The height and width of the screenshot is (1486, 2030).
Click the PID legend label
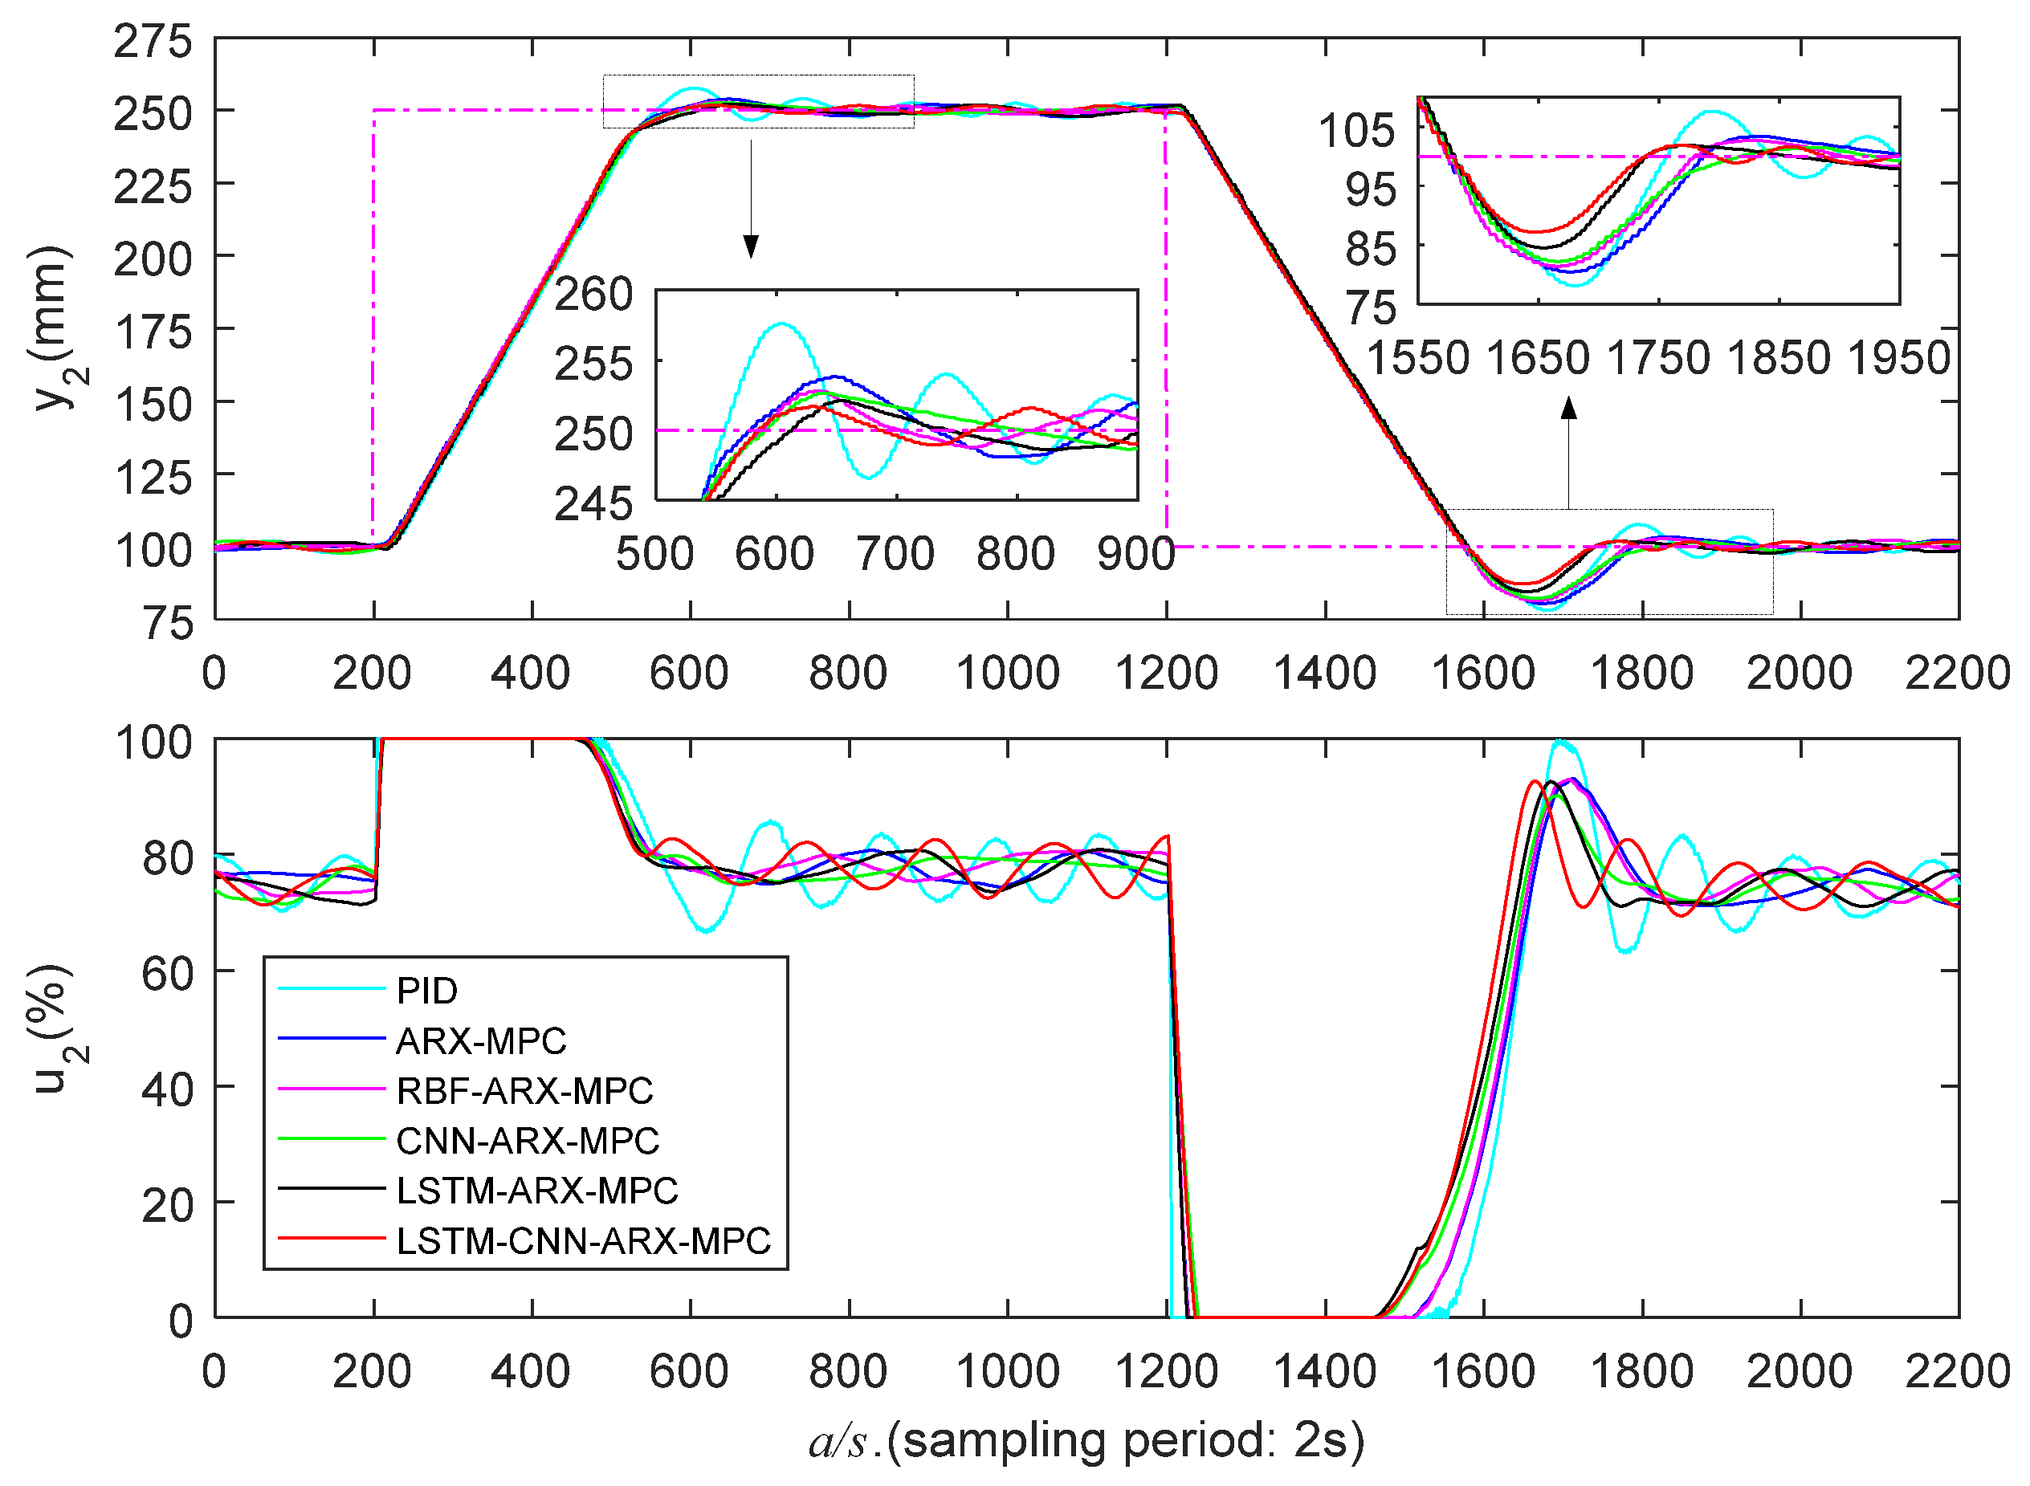click(x=426, y=991)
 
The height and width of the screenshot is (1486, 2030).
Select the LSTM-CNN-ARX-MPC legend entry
click(x=583, y=1241)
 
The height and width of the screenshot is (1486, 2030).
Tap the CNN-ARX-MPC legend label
click(x=528, y=1141)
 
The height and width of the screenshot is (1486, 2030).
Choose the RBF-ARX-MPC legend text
click(x=524, y=1091)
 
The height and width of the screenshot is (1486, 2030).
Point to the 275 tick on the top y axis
click(x=153, y=43)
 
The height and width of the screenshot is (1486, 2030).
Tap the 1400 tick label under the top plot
click(x=1324, y=674)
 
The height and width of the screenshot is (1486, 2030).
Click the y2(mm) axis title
click(x=52, y=328)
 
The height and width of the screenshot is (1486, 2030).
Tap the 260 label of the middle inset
click(x=593, y=295)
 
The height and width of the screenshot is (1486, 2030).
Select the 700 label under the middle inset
click(x=895, y=554)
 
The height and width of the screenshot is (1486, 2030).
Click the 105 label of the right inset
click(x=1357, y=130)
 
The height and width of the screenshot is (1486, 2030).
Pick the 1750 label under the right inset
click(x=1658, y=358)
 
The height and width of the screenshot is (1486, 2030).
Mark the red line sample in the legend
click(x=331, y=1240)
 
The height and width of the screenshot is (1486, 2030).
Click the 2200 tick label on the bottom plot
click(x=1957, y=1373)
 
